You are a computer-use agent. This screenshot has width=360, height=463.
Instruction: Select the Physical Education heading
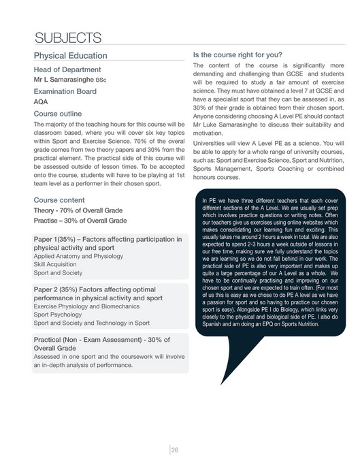(70, 55)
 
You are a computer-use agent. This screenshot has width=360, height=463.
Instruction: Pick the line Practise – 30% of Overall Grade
(80, 221)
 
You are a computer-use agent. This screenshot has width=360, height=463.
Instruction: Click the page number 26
(175, 449)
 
